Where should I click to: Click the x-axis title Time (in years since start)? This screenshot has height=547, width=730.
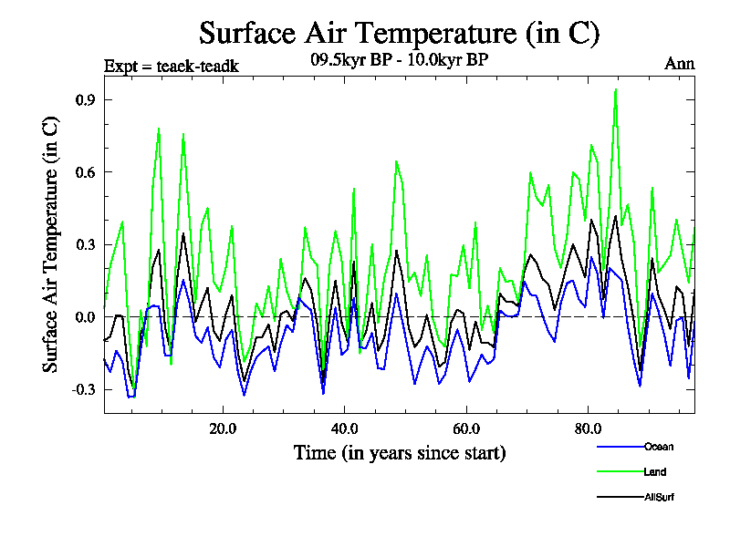(x=400, y=452)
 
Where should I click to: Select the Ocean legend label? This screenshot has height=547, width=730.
(x=660, y=447)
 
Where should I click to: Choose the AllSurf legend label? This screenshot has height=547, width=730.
(x=660, y=497)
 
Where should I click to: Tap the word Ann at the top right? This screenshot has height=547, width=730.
(x=679, y=64)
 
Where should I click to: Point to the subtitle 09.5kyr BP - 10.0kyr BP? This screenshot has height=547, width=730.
(x=400, y=62)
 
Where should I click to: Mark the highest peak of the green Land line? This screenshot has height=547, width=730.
(x=616, y=89)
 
